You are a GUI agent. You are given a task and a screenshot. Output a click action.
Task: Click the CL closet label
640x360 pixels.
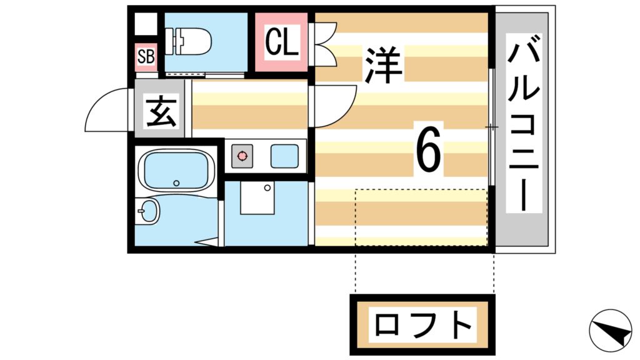click(x=281, y=42)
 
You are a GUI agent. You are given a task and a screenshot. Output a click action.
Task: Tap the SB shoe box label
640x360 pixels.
click(x=146, y=57)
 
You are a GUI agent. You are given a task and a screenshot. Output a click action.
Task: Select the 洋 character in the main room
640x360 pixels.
click(x=383, y=65)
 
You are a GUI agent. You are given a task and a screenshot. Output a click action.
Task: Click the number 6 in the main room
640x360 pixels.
click(x=429, y=152)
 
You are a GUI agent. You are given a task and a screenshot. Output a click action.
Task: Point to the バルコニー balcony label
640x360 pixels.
click(x=524, y=127)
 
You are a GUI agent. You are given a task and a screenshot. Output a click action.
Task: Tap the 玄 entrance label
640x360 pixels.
click(x=161, y=111)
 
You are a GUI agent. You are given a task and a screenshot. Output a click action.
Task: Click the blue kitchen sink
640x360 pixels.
click(x=284, y=156)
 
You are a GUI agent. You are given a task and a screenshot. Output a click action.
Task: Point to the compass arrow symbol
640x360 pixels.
click(x=610, y=329)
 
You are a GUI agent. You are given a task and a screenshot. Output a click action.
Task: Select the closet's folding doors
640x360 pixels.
click(x=324, y=42)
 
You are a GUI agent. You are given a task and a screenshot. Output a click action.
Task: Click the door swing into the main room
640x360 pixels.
click(x=334, y=106)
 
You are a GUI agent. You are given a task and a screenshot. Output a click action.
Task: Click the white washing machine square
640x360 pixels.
click(x=256, y=198)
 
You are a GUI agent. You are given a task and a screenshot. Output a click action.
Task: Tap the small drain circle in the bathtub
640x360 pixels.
click(x=176, y=183)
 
